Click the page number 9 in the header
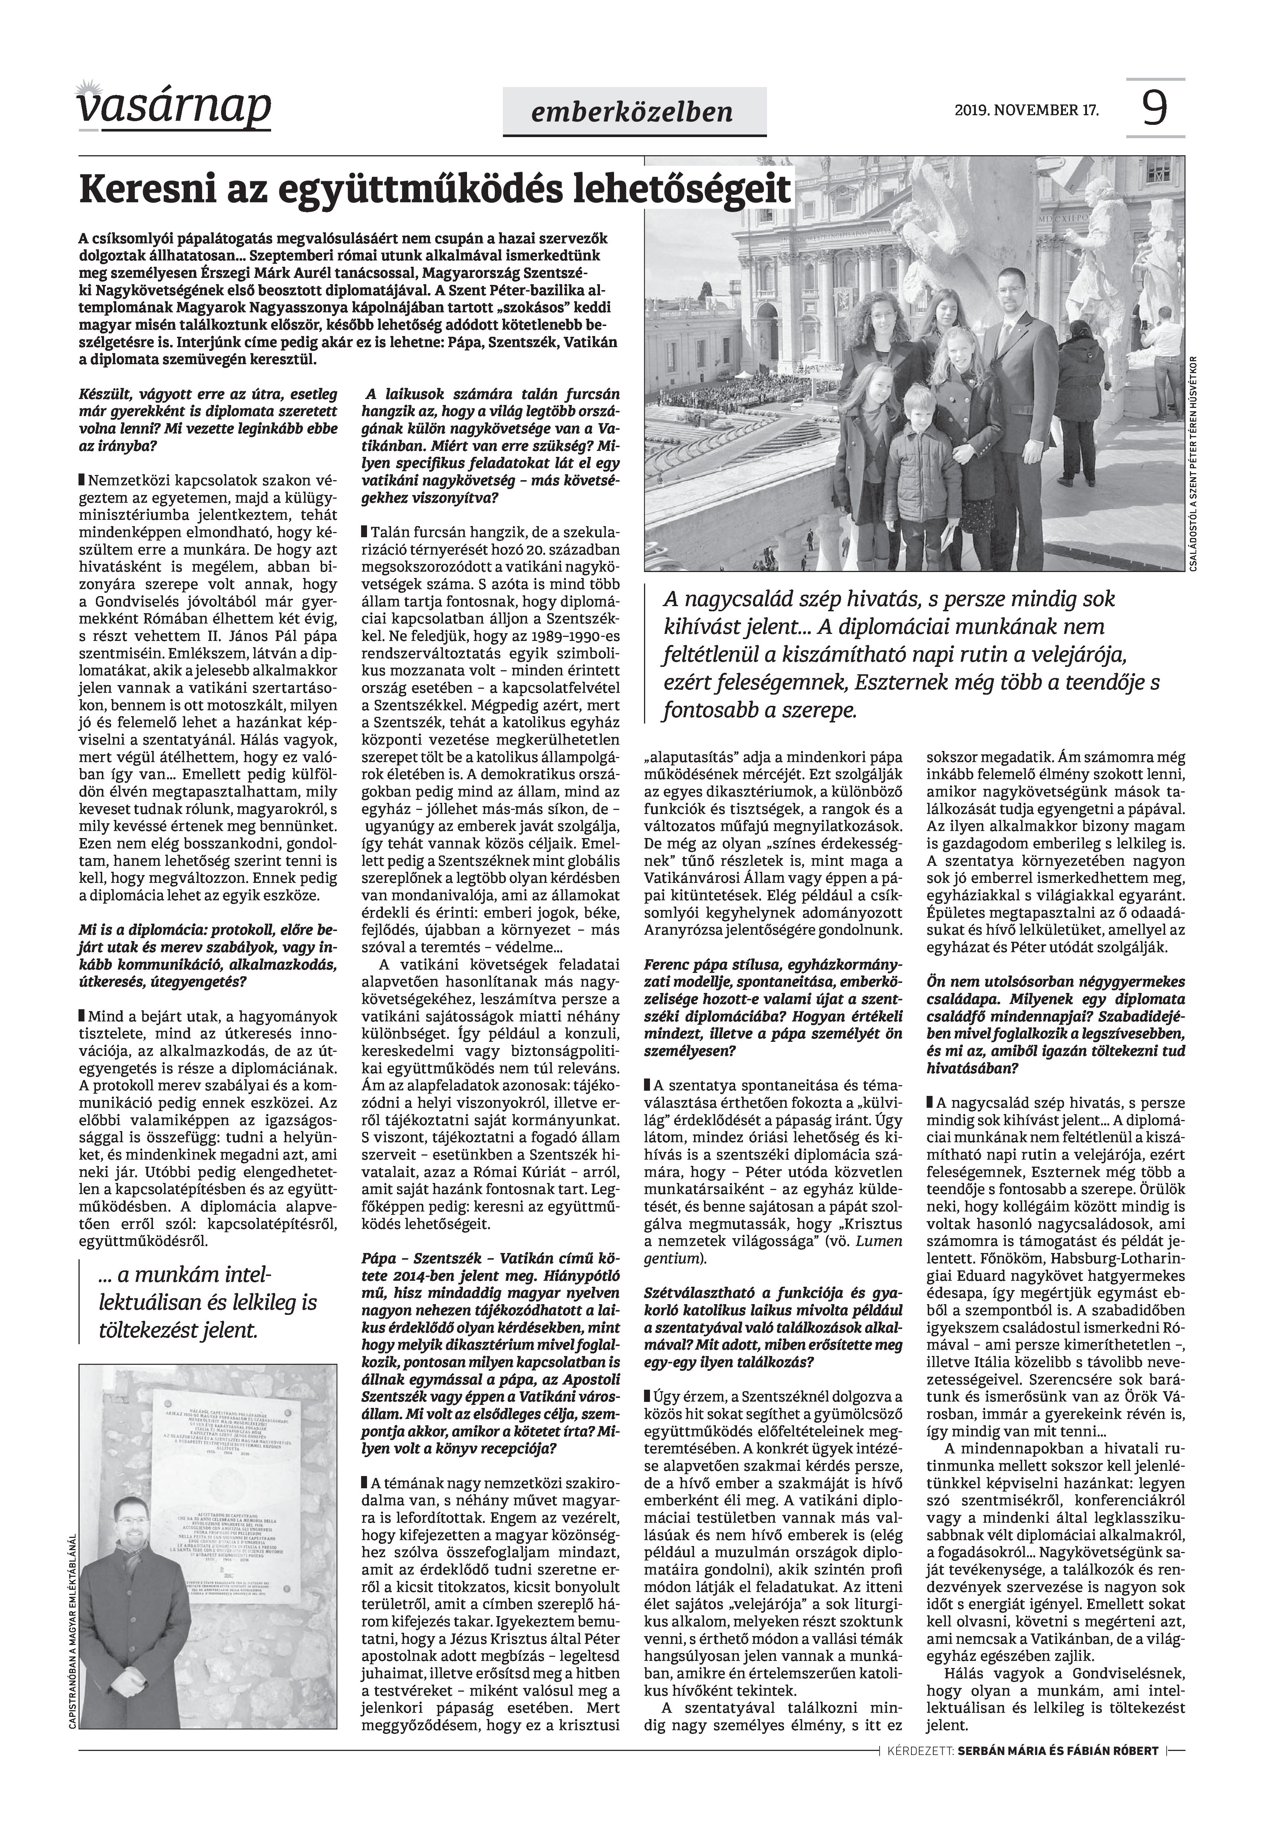(x=1155, y=109)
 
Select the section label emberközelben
(x=634, y=112)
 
